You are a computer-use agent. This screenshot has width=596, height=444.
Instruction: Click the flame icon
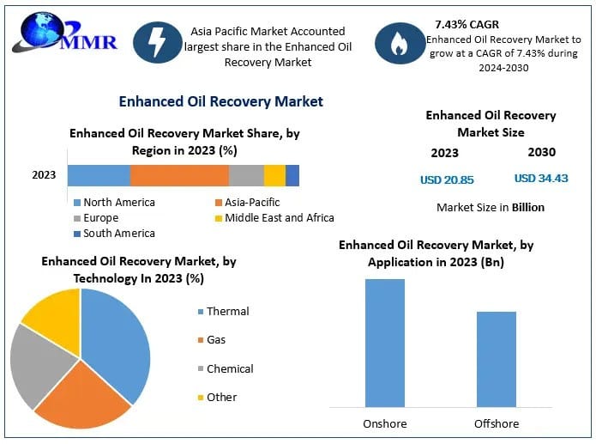400,45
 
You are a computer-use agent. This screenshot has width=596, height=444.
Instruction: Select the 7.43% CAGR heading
467,24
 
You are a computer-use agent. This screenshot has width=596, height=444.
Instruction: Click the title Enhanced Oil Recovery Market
220,101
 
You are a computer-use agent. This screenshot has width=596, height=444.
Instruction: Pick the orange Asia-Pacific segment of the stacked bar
179,175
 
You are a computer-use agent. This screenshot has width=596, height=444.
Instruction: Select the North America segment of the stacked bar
99,175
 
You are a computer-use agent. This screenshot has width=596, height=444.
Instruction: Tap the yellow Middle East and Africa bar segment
274,175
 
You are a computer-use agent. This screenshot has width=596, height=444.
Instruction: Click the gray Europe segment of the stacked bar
246,175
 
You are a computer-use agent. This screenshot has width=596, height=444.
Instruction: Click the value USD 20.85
447,179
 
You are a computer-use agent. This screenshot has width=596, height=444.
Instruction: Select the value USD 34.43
541,179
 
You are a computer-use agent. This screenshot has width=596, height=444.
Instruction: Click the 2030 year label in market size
541,152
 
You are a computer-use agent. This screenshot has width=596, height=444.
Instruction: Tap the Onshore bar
384,343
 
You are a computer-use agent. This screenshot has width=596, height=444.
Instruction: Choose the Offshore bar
496,359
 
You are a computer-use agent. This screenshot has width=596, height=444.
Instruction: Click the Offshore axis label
496,423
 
